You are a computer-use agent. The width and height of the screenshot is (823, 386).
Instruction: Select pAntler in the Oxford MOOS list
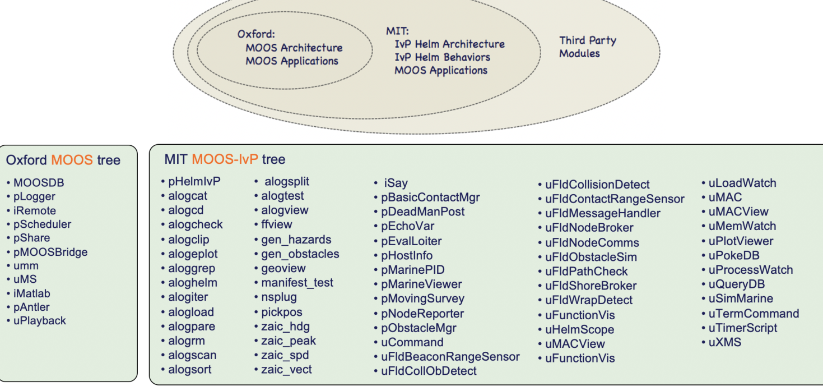pos(31,307)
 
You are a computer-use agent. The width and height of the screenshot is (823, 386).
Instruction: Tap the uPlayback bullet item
pos(39,321)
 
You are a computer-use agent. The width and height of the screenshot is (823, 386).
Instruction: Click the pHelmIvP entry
pos(194,181)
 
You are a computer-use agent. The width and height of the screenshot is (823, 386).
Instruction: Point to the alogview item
pos(285,210)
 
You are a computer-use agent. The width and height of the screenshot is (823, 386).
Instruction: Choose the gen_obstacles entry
pos(300,254)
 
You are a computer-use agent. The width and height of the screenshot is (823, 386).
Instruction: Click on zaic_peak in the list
pos(288,341)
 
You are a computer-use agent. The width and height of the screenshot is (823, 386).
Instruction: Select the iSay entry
pos(396,183)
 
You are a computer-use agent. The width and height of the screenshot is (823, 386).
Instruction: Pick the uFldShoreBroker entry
pos(590,286)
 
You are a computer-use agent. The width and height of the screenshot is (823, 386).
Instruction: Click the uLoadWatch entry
pos(742,183)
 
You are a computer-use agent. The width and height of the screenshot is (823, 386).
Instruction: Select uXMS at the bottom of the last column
pos(724,342)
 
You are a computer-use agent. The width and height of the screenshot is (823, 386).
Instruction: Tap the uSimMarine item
pos(741,298)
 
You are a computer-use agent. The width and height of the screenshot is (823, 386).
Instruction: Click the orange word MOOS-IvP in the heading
pos(225,159)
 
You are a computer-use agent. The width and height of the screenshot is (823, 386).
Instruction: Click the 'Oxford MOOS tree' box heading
pos(63,160)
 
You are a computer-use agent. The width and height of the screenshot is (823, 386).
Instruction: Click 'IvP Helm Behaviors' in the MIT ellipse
pos(442,57)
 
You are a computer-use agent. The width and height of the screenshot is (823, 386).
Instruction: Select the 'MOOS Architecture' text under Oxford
pos(294,48)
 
